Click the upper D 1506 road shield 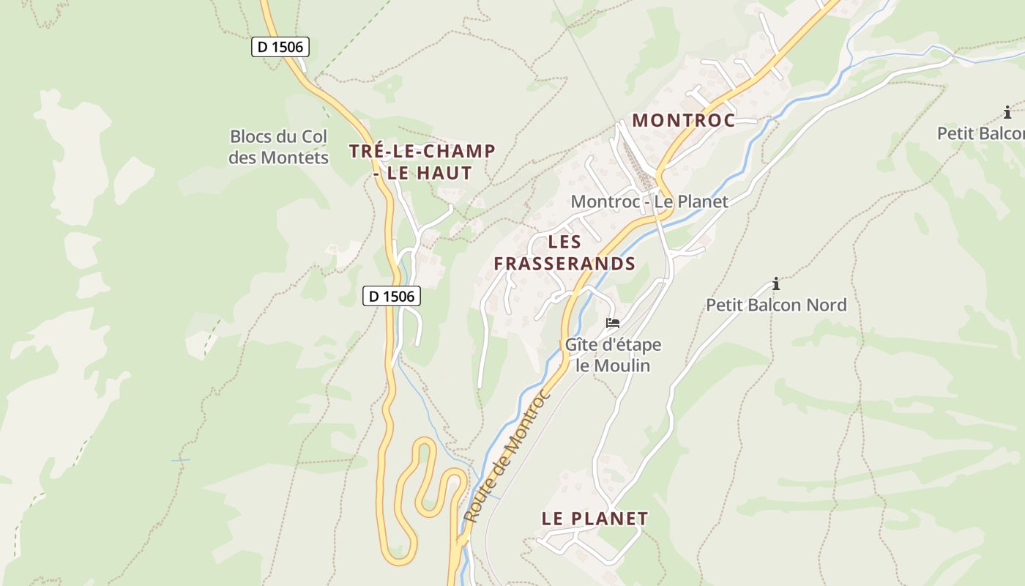click(280, 47)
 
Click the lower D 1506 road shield click(392, 296)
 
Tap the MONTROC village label click(684, 121)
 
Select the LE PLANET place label click(594, 519)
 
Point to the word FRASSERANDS click(564, 264)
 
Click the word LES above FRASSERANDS click(564, 242)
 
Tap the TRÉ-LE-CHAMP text click(422, 152)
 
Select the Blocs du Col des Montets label click(278, 146)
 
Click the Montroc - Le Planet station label click(649, 201)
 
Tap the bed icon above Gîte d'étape click(613, 322)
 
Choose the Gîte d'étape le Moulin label click(613, 355)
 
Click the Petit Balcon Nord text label click(776, 305)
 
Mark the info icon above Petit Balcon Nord click(776, 283)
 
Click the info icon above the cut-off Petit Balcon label click(1007, 112)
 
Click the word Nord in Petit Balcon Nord click(825, 305)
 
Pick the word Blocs click(250, 136)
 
